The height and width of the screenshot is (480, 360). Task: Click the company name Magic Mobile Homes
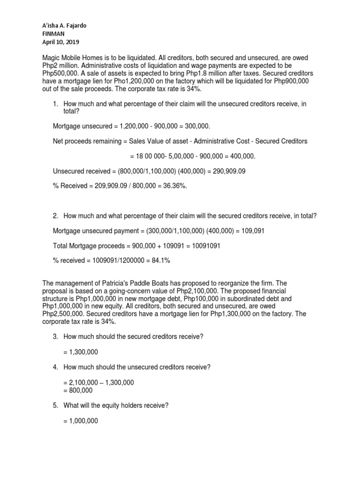(76, 58)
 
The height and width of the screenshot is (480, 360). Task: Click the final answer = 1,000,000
(80, 421)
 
